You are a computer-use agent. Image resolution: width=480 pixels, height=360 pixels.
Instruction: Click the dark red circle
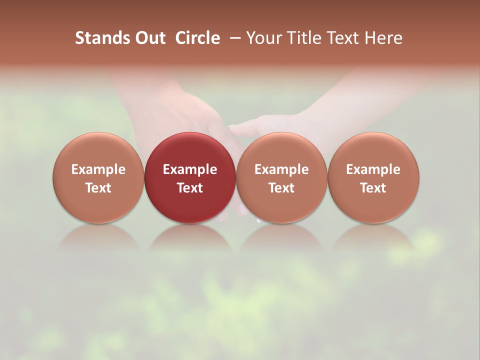189,150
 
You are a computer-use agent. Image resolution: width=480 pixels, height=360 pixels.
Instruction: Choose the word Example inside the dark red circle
189,169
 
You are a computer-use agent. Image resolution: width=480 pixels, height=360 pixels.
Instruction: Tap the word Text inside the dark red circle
189,188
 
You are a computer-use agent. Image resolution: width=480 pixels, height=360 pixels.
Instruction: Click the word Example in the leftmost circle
98,169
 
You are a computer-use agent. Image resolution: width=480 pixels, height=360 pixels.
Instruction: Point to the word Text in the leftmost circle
98,188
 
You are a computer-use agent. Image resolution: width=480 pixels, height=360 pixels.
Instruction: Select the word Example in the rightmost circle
373,169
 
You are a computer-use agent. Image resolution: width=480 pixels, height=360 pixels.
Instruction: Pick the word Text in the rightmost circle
373,188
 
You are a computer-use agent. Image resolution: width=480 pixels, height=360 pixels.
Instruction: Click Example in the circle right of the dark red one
281,169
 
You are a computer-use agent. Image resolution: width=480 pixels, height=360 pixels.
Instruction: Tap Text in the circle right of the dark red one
281,188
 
